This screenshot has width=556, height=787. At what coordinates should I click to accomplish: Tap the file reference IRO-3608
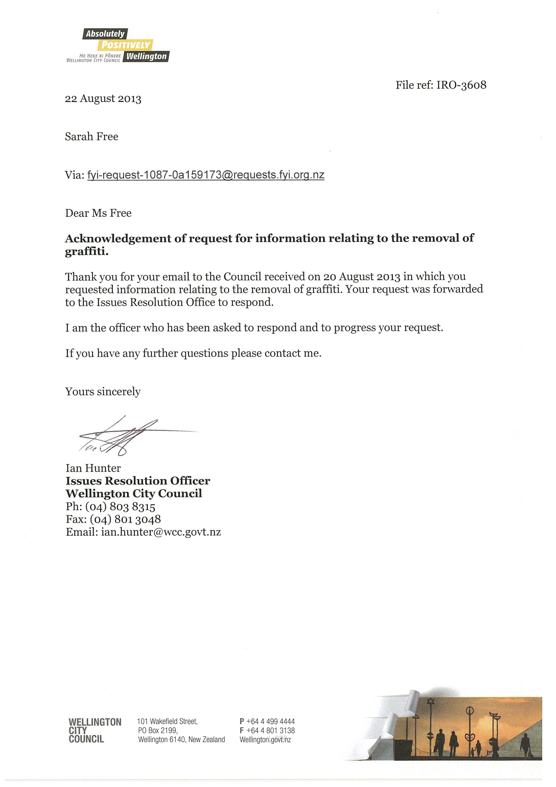(x=461, y=85)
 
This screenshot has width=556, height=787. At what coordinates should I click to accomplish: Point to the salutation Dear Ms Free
(x=98, y=213)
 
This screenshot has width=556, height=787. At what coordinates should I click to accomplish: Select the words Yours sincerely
(x=103, y=391)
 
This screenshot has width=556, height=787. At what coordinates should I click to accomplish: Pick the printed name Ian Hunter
(x=93, y=468)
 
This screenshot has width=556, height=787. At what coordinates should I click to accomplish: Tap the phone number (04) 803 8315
(x=120, y=506)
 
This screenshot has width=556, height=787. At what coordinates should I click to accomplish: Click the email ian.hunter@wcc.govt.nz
(x=161, y=532)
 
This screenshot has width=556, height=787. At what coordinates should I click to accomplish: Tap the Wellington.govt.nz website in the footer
(x=265, y=740)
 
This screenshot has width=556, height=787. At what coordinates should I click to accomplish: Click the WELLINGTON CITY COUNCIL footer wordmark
(x=95, y=730)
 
